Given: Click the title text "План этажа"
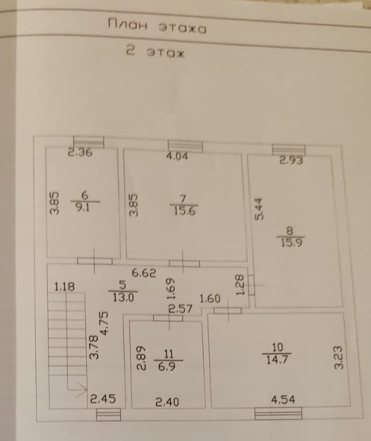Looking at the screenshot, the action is click(x=157, y=27).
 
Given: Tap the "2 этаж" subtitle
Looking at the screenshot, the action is click(x=156, y=53).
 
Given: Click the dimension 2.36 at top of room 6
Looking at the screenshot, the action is click(x=80, y=153).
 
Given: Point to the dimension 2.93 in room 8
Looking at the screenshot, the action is click(x=291, y=159).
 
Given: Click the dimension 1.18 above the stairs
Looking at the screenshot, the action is click(x=65, y=287).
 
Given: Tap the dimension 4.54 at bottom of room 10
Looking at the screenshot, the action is click(x=283, y=401).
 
